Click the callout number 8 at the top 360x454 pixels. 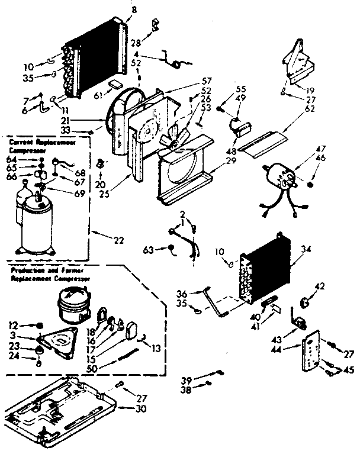(x=133, y=9)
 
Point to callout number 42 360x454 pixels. (x=319, y=286)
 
